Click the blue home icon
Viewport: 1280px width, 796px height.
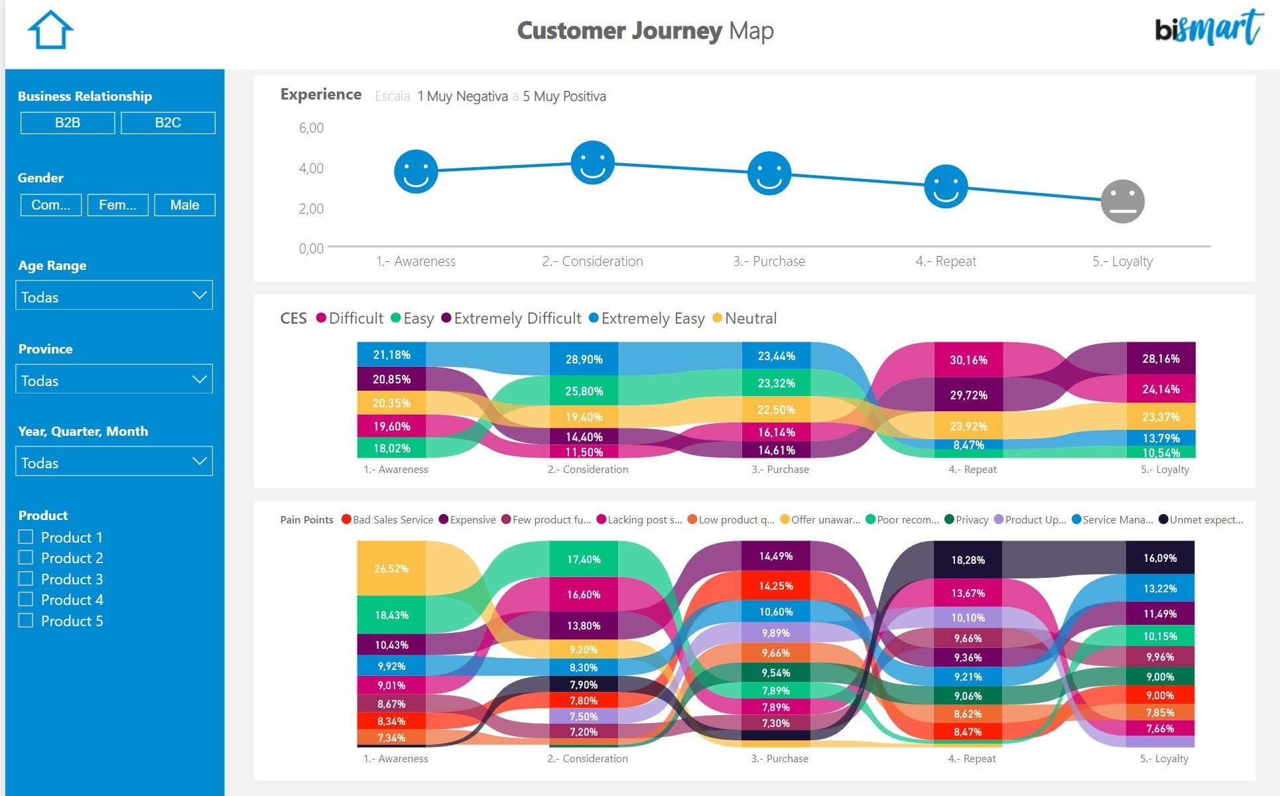point(50,31)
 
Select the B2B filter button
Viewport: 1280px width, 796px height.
point(68,123)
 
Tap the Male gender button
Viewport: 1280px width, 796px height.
point(184,205)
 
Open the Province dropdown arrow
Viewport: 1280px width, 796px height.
point(199,379)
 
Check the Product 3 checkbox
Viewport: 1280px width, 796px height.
point(26,578)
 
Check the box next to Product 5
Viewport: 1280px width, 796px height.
point(26,620)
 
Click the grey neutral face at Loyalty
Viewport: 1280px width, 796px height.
point(1122,202)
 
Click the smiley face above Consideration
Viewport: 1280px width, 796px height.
point(592,163)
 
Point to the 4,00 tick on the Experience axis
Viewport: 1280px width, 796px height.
point(311,168)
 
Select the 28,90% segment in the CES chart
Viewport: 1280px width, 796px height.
point(584,360)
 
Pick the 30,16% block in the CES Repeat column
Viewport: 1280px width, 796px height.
point(968,360)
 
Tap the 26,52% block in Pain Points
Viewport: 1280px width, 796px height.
point(391,568)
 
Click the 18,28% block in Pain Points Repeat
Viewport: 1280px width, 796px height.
point(968,560)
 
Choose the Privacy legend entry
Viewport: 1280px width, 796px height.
point(966,520)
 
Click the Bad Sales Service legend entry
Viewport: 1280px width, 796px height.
point(387,520)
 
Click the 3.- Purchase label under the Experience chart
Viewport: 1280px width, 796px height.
point(769,261)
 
